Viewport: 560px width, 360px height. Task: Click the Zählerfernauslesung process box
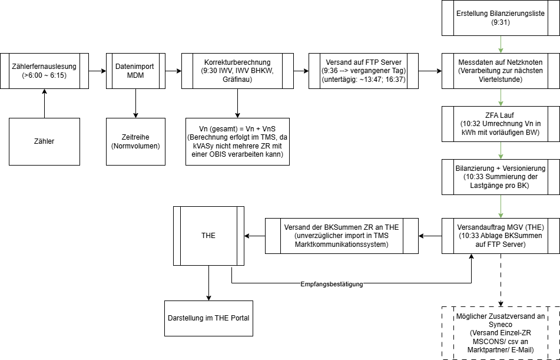click(x=44, y=71)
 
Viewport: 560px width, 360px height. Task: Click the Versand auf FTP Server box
click(x=363, y=71)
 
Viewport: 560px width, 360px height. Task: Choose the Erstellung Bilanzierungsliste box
click(x=500, y=18)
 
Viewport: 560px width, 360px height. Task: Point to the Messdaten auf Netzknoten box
click(x=500, y=71)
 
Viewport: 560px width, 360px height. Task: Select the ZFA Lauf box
click(x=500, y=124)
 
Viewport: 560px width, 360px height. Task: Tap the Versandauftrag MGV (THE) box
click(x=500, y=236)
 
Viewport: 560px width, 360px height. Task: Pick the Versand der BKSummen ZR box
click(x=342, y=236)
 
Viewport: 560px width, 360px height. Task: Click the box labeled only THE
click(x=208, y=236)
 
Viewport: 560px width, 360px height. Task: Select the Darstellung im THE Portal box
click(x=208, y=318)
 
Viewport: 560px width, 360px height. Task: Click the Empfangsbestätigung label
click(x=332, y=284)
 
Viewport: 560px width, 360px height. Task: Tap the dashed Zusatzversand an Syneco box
click(x=500, y=333)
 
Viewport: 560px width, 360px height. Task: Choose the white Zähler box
click(x=44, y=141)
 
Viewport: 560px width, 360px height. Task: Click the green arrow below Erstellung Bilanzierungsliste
click(x=500, y=44)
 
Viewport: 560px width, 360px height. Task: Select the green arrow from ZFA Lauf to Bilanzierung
click(x=500, y=150)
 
